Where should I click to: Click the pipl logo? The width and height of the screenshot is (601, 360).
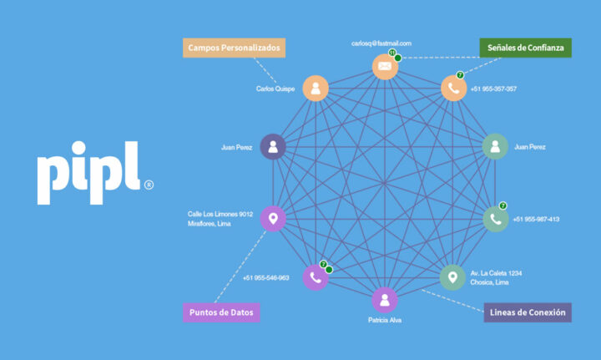click(88, 173)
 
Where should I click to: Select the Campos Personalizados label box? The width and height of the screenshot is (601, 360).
click(234, 48)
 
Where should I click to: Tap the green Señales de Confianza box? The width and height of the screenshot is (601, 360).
click(526, 48)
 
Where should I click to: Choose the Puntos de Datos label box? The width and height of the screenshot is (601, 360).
click(221, 312)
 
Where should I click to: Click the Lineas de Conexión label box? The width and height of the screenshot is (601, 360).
click(528, 312)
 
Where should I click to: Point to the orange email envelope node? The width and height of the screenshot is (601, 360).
click(385, 67)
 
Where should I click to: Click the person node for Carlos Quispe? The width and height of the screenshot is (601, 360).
click(316, 89)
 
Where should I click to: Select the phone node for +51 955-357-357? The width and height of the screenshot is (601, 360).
click(454, 89)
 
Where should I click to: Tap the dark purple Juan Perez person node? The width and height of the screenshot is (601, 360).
click(273, 146)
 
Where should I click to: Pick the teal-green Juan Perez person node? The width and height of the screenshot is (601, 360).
click(495, 146)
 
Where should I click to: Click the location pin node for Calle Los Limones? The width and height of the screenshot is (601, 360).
click(273, 219)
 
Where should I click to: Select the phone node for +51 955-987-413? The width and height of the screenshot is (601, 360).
click(496, 220)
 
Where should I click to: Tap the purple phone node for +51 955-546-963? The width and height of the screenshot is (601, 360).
click(316, 277)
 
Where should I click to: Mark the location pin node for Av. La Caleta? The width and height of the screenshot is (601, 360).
click(452, 277)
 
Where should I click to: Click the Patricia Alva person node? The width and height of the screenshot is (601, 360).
click(385, 300)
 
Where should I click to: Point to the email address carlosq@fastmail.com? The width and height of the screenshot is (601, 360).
click(381, 43)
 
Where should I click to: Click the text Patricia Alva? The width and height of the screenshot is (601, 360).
click(385, 320)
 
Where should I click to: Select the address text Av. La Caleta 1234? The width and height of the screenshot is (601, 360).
click(496, 273)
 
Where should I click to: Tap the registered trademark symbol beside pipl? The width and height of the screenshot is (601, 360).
click(149, 185)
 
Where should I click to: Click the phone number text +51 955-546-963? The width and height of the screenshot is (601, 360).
click(266, 278)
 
